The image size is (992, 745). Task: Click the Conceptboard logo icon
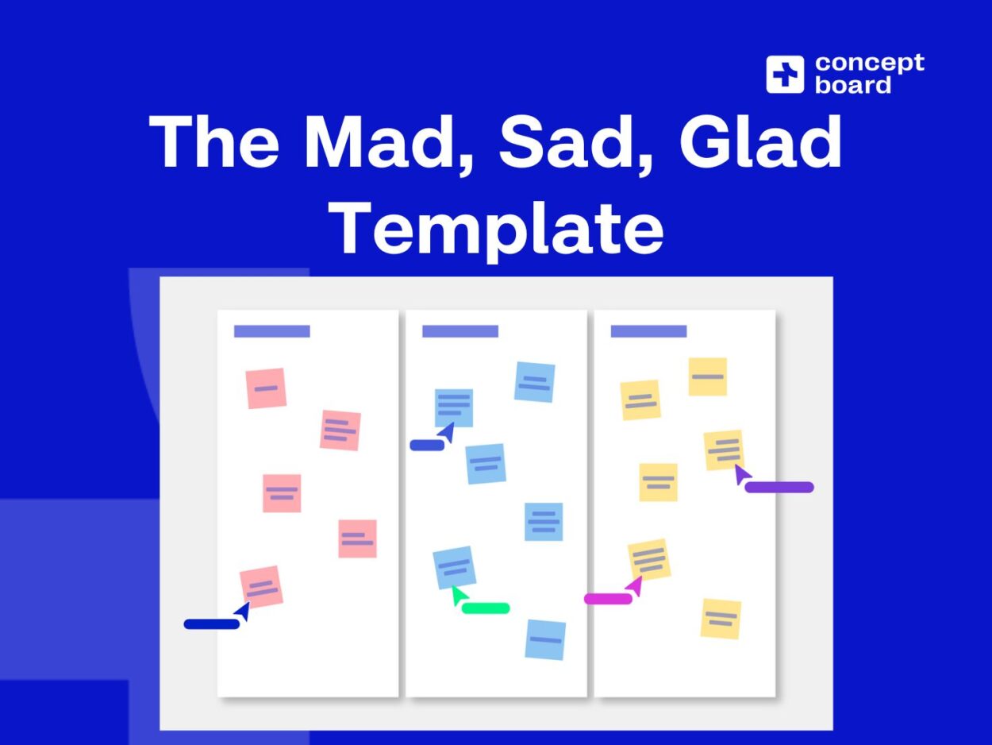pos(785,75)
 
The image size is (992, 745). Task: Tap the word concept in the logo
pos(869,63)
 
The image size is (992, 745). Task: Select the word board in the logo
pos(853,85)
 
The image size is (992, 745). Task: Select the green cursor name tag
pos(486,608)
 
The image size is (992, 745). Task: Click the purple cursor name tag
pos(779,487)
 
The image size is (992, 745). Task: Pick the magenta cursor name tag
pos(608,598)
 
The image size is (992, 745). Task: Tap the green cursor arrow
pos(457,595)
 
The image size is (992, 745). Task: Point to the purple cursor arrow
pos(741,473)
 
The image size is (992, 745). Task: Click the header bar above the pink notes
pos(271,331)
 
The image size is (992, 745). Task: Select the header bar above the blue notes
pos(459,331)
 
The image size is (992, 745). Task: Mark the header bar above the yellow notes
pos(648,331)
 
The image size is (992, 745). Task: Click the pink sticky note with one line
pos(266,388)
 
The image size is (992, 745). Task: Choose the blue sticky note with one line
pos(545,639)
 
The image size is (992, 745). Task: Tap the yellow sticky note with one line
pos(707,376)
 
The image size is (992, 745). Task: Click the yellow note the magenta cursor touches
pos(649,559)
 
